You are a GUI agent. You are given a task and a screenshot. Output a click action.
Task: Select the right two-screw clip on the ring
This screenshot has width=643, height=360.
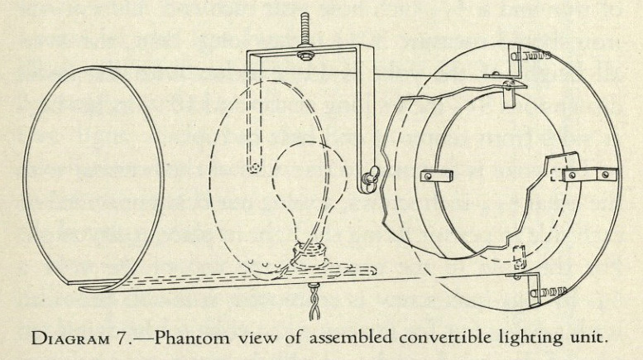(x=585, y=175)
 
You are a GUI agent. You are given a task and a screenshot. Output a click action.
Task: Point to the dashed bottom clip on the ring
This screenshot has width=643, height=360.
(x=515, y=254)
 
